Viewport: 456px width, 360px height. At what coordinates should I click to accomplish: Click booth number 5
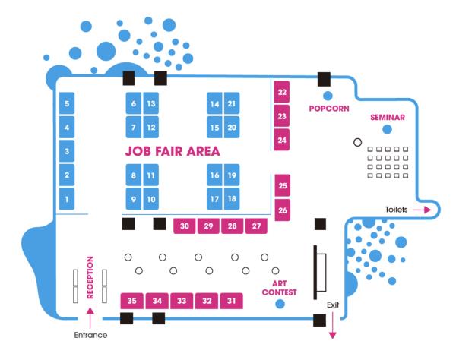[67, 103]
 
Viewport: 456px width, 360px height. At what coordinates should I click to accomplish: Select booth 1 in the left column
[67, 200]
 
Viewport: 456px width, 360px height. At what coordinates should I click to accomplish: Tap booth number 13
[151, 103]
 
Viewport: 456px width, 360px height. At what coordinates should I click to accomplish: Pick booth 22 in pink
[283, 93]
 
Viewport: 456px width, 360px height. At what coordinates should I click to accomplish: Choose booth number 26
[283, 210]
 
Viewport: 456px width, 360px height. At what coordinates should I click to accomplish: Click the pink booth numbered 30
[185, 226]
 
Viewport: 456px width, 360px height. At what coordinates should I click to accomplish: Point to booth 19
[233, 175]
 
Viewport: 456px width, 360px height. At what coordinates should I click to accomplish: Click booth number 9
[133, 200]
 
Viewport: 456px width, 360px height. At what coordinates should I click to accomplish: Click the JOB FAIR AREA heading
[173, 151]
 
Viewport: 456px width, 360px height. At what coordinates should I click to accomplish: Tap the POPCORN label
[329, 109]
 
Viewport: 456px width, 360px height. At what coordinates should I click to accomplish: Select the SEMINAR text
[388, 118]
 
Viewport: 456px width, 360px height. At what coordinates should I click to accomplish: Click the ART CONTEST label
[278, 286]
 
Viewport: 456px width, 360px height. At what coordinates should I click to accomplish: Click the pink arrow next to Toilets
[423, 209]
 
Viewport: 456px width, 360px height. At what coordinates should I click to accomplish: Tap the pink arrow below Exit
[331, 327]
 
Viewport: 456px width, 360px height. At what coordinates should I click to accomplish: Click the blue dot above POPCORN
[328, 96]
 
